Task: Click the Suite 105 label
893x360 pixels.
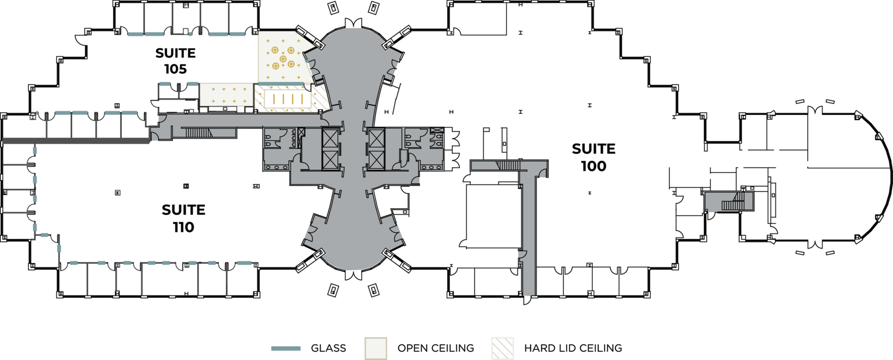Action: (175, 61)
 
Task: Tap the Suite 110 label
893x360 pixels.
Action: (184, 218)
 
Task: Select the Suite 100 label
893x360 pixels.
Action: (593, 157)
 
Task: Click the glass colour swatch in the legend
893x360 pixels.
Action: (286, 349)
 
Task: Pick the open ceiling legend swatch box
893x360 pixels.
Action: (376, 348)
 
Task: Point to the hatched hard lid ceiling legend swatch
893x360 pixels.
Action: (503, 348)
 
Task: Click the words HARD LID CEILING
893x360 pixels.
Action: (573, 349)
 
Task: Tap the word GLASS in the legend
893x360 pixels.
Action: (328, 349)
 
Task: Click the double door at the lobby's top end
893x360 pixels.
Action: (354, 23)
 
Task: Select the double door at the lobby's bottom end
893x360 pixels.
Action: (354, 275)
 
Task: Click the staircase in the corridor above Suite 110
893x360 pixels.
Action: (198, 132)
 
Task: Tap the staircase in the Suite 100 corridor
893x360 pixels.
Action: (508, 165)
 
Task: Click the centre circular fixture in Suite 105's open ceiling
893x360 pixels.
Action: (283, 59)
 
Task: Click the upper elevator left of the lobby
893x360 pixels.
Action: (329, 138)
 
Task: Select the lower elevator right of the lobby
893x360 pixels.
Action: (376, 160)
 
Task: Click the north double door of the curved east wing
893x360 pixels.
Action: (815, 110)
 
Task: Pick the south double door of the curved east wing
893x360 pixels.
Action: (815, 244)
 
